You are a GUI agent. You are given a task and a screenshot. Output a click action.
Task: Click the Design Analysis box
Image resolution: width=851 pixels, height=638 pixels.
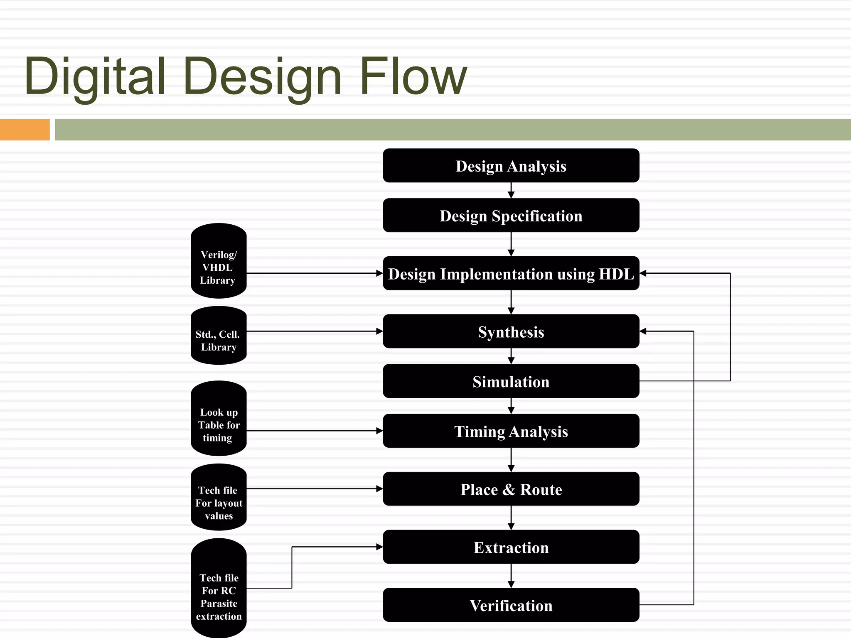[511, 166]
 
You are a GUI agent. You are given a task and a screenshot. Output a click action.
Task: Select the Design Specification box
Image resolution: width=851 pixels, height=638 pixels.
[511, 216]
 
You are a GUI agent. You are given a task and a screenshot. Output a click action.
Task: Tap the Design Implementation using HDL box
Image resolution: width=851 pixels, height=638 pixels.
[511, 273]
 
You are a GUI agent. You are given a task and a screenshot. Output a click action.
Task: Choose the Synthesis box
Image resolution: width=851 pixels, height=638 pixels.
[511, 331]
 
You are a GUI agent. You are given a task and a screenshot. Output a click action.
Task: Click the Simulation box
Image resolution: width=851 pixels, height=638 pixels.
[511, 381]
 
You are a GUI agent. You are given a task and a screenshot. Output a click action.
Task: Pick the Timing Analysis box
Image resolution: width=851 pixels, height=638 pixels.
[511, 431]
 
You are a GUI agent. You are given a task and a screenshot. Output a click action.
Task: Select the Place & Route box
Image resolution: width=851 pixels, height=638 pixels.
[511, 489]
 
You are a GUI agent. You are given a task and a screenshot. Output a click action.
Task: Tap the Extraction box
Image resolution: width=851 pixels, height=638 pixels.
[511, 547]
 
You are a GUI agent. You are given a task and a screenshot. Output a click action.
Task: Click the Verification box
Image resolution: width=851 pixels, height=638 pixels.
[511, 605]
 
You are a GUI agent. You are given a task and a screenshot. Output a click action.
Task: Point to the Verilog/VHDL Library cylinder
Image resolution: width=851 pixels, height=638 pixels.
[219, 261]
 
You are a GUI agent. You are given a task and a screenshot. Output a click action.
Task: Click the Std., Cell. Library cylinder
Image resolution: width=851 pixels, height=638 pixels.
[219, 336]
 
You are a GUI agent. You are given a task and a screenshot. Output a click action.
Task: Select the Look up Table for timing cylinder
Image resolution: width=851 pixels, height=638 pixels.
[219, 419]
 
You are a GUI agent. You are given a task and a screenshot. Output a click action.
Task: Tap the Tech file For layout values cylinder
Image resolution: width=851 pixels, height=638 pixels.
[219, 498]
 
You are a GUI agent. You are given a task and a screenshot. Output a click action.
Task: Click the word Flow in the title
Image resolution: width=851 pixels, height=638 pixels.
[413, 77]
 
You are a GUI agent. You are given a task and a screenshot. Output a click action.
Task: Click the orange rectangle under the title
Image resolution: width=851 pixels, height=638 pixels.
[25, 130]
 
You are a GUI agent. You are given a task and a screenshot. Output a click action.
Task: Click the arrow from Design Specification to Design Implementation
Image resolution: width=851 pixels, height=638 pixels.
[511, 244]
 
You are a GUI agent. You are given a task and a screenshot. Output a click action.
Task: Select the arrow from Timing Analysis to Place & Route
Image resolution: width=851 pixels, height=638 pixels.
[511, 460]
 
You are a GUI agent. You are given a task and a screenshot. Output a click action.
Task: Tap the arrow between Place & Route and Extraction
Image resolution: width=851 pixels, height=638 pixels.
[511, 518]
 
